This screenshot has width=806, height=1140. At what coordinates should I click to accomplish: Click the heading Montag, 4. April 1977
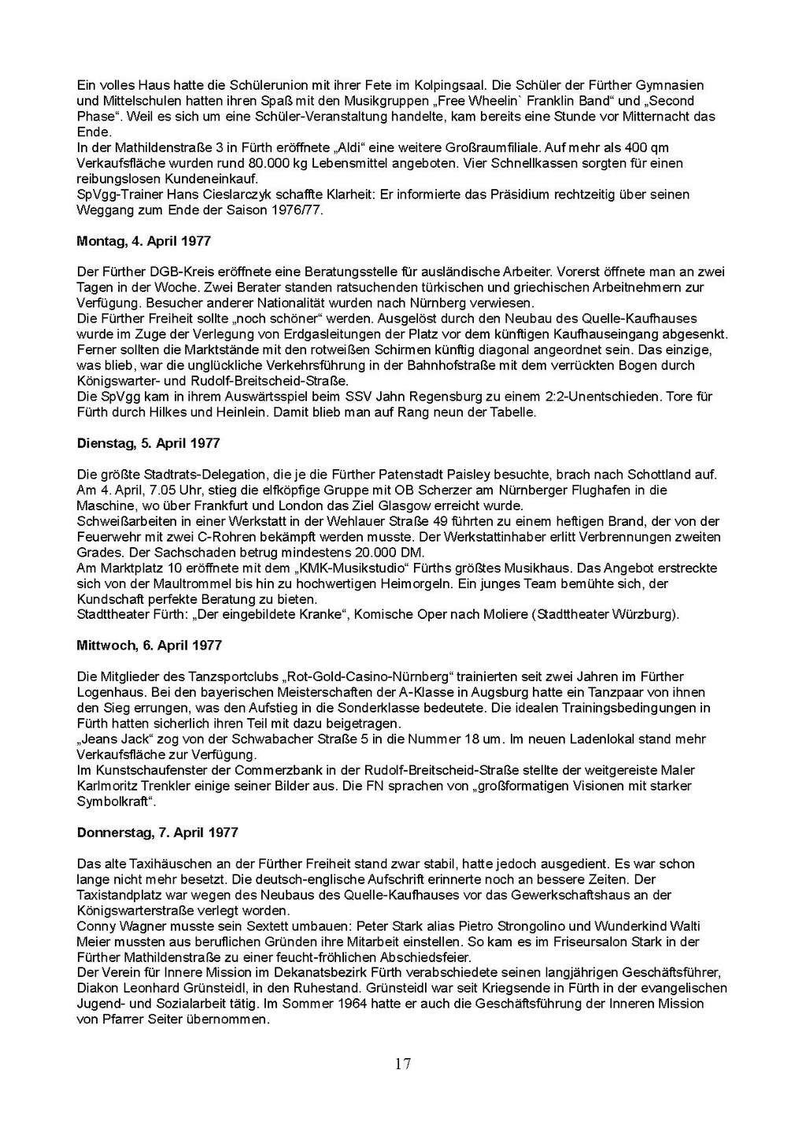pyautogui.click(x=143, y=241)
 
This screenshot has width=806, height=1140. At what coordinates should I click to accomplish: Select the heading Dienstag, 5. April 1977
pyautogui.click(x=148, y=443)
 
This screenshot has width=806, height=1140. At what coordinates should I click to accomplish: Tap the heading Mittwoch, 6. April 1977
pyautogui.click(x=150, y=646)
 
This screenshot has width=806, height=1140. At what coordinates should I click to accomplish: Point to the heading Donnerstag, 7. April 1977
pyautogui.click(x=157, y=832)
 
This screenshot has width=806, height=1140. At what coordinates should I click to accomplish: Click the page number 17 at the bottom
pyautogui.click(x=403, y=1064)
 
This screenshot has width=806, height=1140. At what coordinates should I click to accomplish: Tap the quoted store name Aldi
pyautogui.click(x=349, y=148)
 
